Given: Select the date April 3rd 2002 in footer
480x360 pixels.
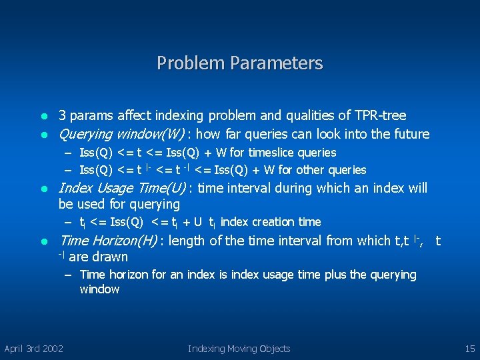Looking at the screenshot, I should coord(34,348).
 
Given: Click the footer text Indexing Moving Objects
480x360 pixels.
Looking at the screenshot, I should coord(239,348).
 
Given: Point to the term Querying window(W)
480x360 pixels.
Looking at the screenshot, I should coord(121,134).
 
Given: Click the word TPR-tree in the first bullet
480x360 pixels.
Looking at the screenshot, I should coord(381,115).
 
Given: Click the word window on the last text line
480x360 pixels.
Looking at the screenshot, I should coord(99,289).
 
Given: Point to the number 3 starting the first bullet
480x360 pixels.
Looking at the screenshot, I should coord(62,115).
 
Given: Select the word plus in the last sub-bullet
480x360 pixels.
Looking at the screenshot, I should coord(336,275).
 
